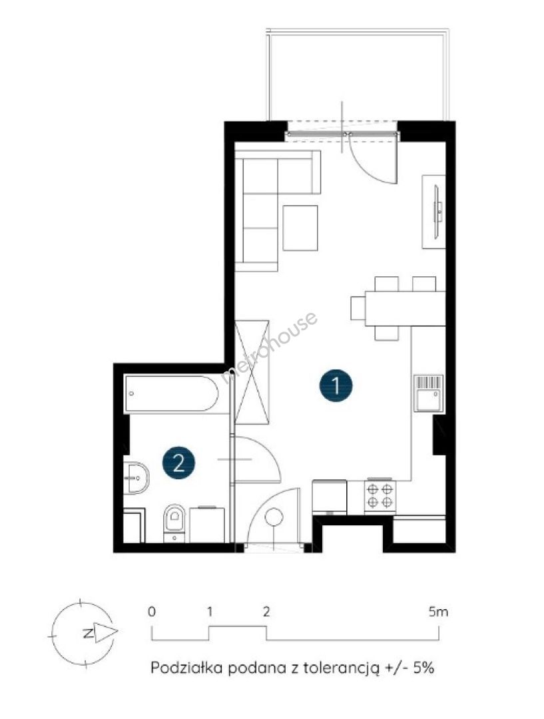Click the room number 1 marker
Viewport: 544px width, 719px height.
(336, 385)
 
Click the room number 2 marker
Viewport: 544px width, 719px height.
(178, 463)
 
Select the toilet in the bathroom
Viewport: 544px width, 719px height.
(174, 523)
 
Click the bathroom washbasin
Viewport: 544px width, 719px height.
(136, 478)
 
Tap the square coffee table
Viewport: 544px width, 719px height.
(300, 228)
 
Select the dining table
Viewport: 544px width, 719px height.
(405, 308)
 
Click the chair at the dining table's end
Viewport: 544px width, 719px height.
(358, 308)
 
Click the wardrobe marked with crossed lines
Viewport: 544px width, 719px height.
(252, 372)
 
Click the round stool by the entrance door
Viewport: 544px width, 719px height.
(274, 517)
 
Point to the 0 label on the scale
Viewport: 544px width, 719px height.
(152, 611)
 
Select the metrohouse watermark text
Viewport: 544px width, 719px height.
(269, 347)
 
